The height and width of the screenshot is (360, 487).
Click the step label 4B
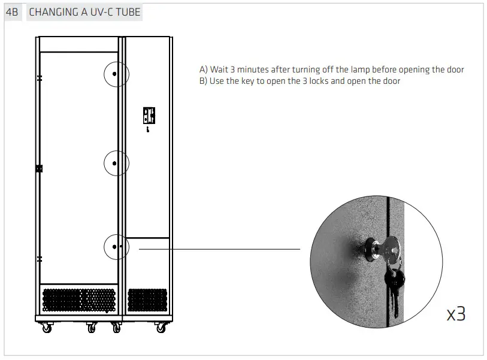pos(12,12)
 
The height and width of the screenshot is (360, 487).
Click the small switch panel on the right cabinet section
pos(149,115)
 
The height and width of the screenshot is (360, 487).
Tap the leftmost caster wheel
pos(46,328)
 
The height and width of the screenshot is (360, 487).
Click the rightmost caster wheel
pos(160,328)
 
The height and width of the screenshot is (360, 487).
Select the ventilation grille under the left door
pos(78,300)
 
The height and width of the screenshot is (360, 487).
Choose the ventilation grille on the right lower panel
pos(147,300)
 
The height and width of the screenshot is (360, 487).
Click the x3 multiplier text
pos(456,313)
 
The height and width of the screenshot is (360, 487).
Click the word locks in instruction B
pos(316,81)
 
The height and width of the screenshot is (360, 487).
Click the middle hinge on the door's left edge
pos(39,168)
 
